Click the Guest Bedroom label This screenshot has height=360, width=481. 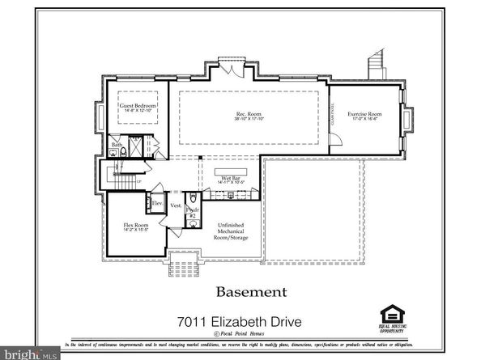(x=137, y=106)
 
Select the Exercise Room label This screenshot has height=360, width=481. (x=364, y=114)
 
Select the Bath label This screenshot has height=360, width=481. (x=117, y=146)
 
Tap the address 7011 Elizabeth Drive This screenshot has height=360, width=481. (x=240, y=322)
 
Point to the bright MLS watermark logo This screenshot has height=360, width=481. (x=30, y=354)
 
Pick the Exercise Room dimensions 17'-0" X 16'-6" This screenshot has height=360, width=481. (x=364, y=121)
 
